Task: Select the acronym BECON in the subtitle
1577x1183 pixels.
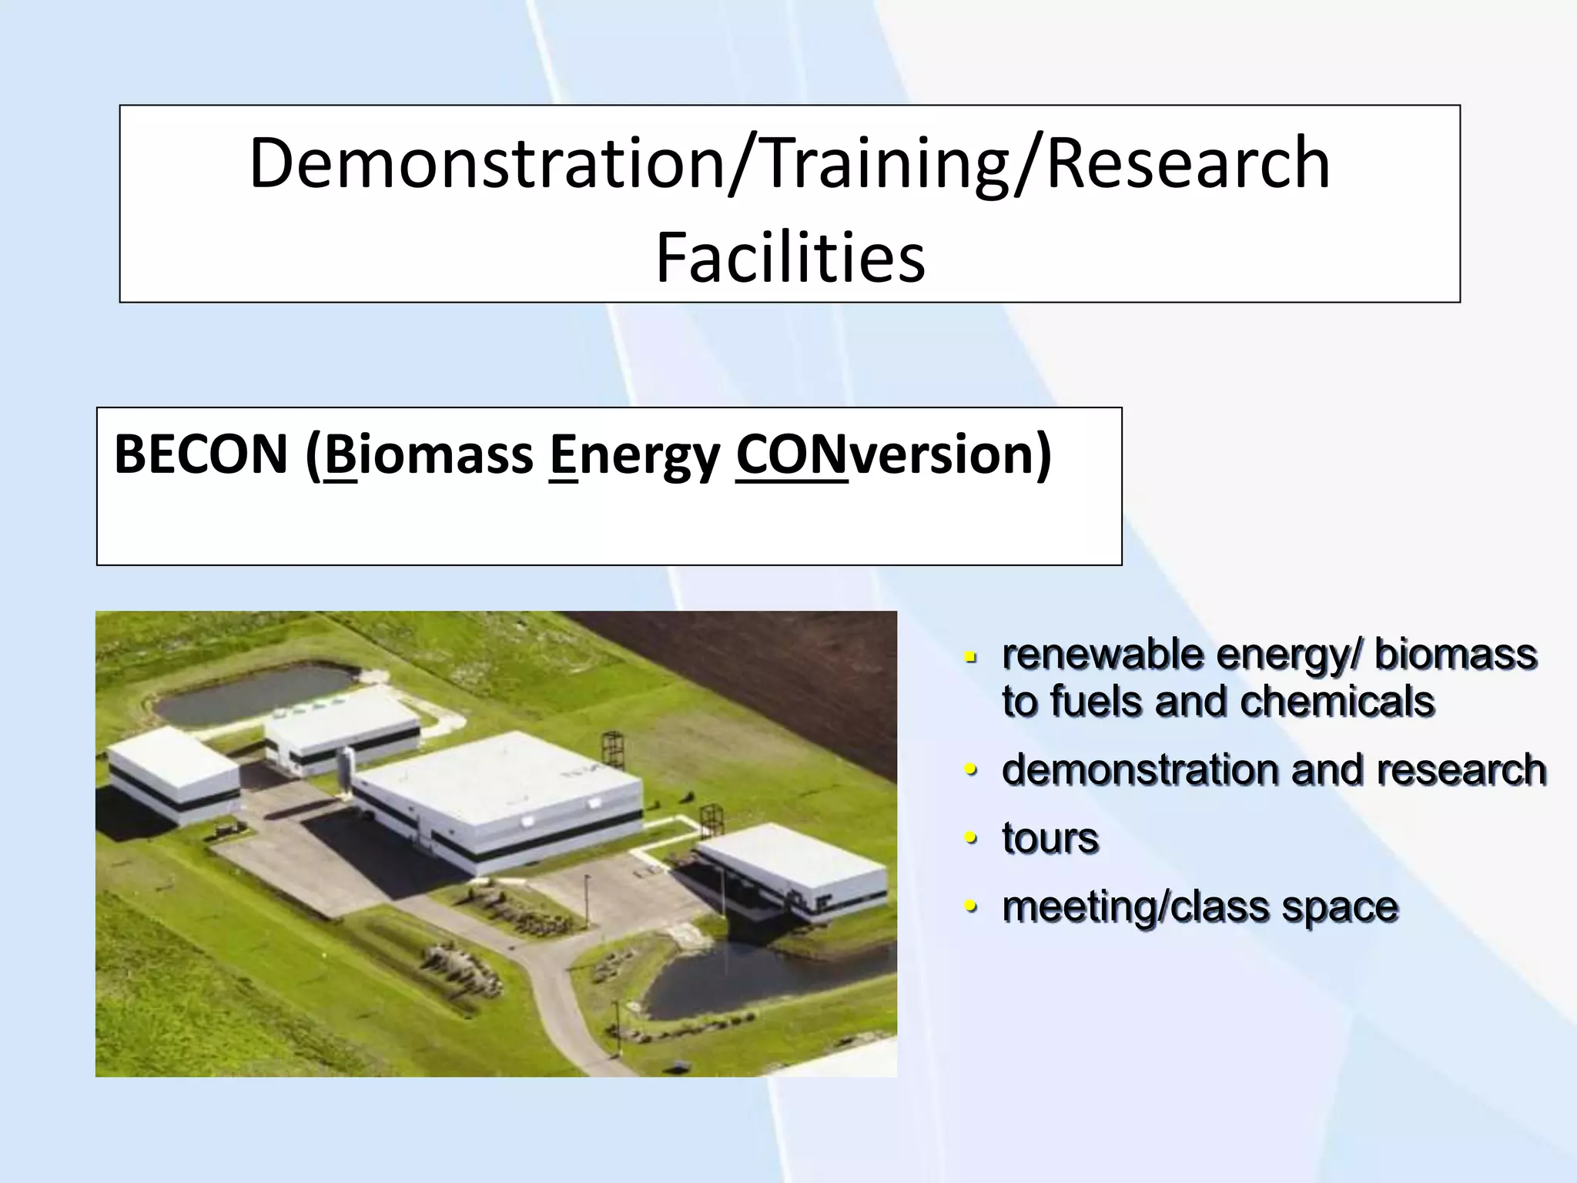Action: [x=200, y=454]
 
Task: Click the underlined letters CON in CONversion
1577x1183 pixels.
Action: [x=791, y=454]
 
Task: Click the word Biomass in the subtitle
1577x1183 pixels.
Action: [x=429, y=454]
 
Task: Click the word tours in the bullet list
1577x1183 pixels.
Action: [x=1050, y=838]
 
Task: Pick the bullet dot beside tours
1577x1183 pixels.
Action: [x=971, y=837]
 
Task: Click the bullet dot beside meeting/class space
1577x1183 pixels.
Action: [x=971, y=906]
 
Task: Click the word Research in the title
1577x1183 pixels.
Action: [x=1188, y=163]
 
